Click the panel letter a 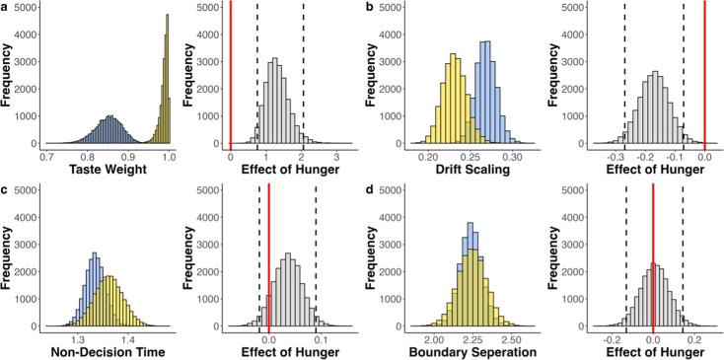pos(5,7)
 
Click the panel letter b pos(369,7)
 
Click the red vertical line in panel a pos(230,74)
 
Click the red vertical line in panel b pos(704,74)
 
